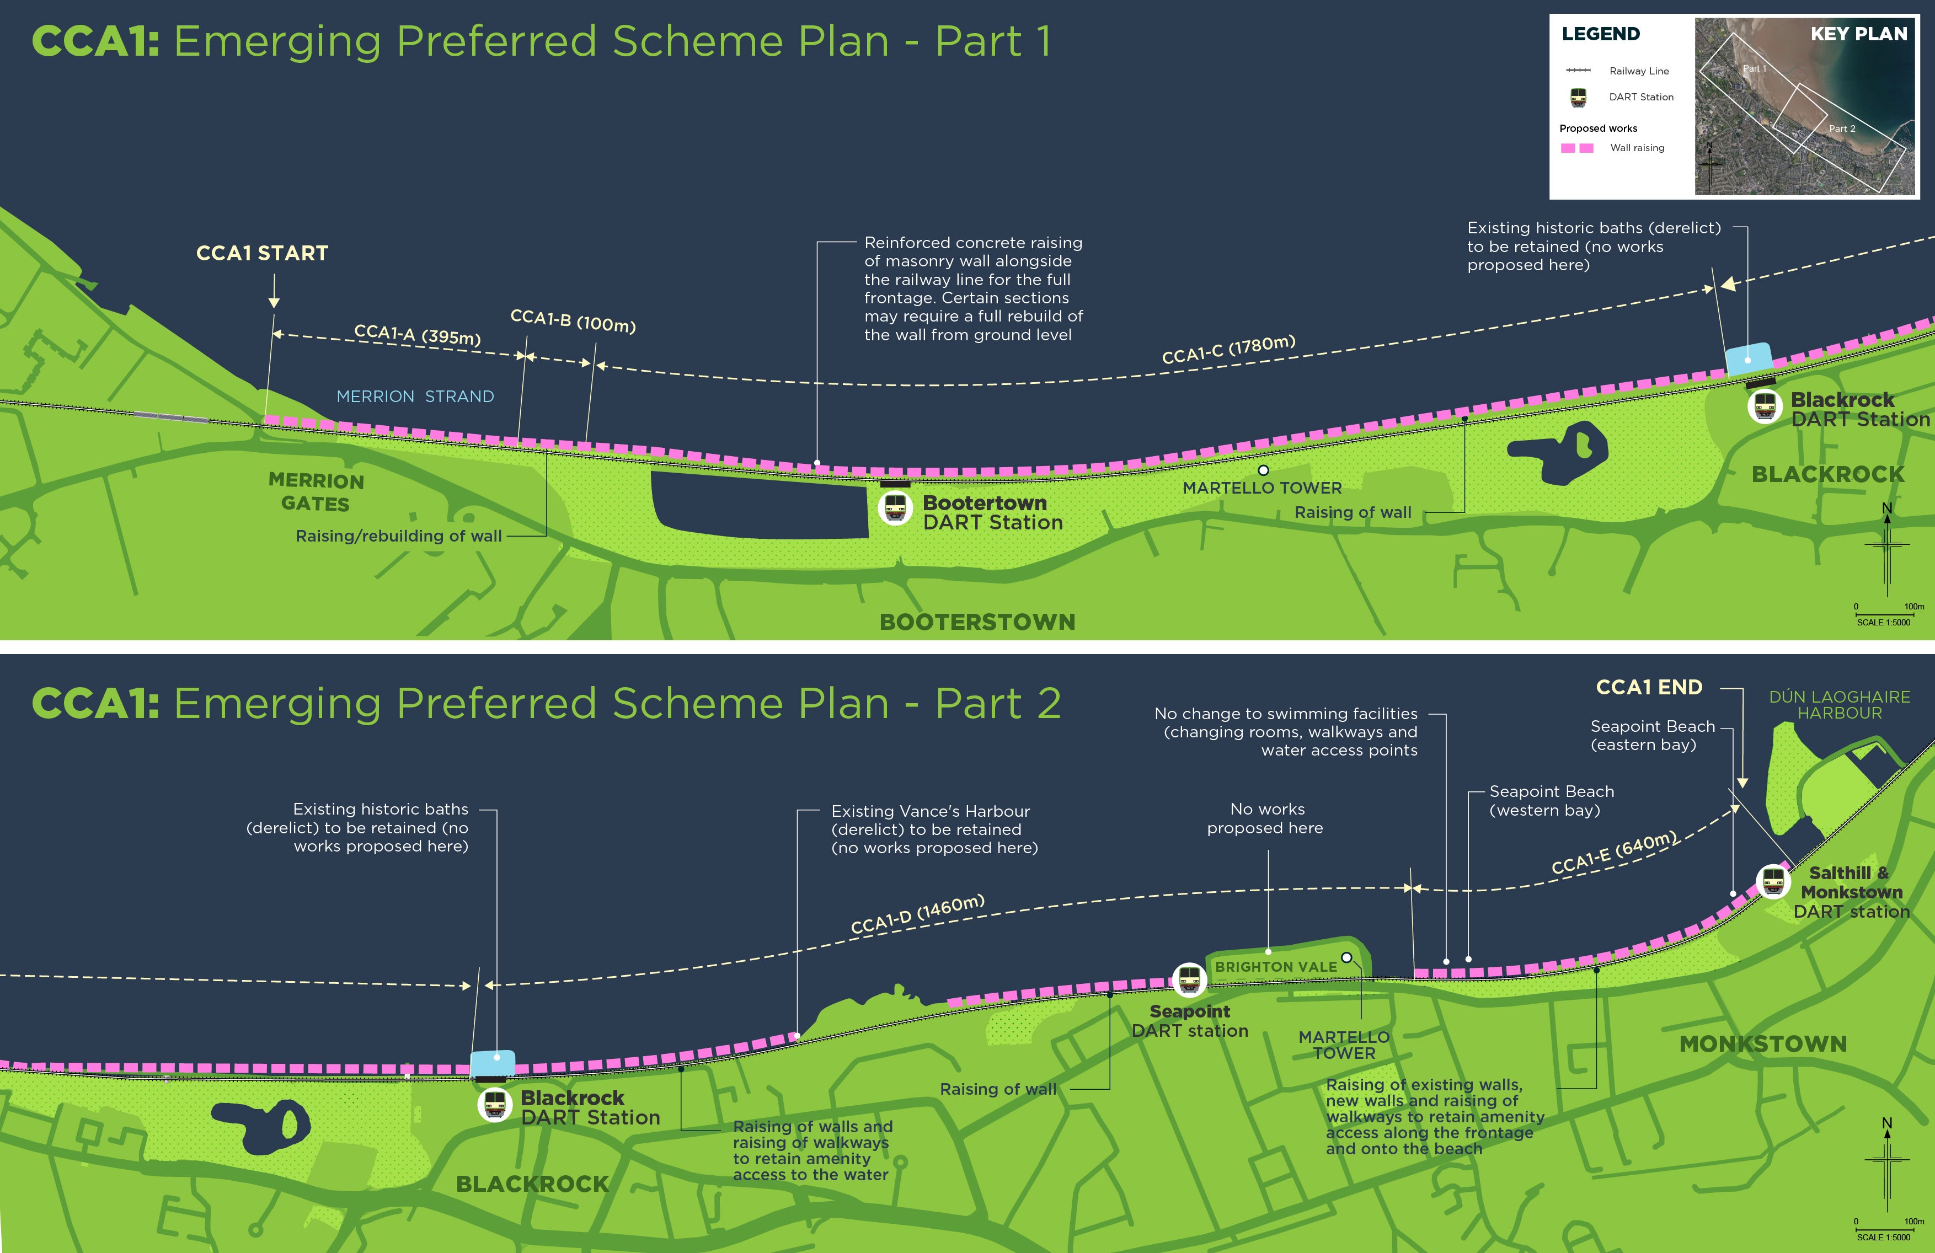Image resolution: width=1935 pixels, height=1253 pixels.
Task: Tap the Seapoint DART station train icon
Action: click(x=1189, y=980)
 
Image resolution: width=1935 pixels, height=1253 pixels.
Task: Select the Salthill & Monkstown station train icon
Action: click(x=1773, y=881)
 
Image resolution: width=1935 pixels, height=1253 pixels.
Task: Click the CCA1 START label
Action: click(x=262, y=254)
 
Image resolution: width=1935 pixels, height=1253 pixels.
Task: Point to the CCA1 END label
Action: click(x=1649, y=688)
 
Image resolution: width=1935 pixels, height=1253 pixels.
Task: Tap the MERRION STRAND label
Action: click(x=415, y=397)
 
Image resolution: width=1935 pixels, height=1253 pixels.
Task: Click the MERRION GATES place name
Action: click(x=316, y=492)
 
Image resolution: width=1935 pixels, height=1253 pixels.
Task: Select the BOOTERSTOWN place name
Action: click(x=977, y=622)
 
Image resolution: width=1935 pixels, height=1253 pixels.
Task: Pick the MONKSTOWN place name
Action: click(x=1763, y=1044)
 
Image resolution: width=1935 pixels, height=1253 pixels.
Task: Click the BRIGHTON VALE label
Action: click(x=1276, y=967)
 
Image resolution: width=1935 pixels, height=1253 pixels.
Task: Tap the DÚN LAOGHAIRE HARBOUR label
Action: click(x=1839, y=705)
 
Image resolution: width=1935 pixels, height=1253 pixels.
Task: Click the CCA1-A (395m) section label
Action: click(x=417, y=334)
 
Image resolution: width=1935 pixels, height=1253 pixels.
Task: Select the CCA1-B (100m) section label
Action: click(x=573, y=320)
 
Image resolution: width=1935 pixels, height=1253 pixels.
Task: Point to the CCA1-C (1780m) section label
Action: click(x=1228, y=350)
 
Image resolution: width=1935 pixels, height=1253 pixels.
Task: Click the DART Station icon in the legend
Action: click(x=1578, y=98)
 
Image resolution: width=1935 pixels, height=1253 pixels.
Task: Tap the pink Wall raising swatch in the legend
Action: click(x=1576, y=148)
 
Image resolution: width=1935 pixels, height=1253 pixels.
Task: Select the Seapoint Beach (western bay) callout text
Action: click(x=1551, y=801)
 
